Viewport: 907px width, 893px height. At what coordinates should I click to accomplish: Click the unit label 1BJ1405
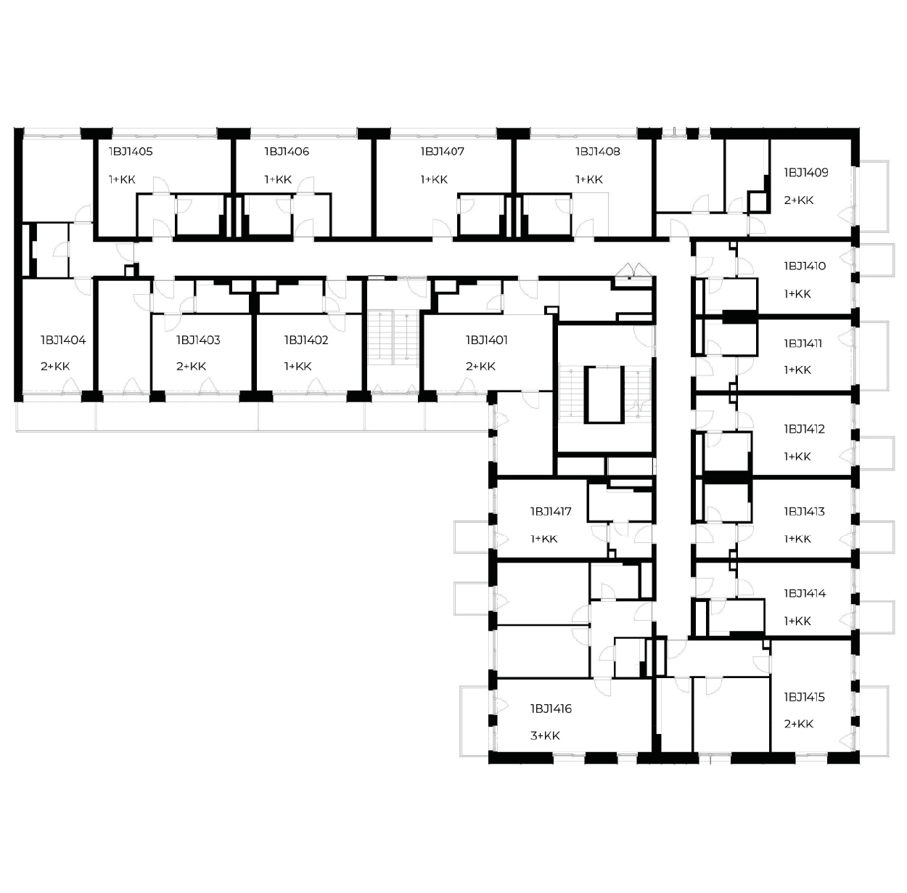pos(131,152)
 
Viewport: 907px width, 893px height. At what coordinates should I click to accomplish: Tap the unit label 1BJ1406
pos(287,152)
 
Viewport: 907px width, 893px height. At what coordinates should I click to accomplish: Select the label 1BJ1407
pos(443,152)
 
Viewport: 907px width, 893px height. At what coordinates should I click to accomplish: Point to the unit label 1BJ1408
pos(598,152)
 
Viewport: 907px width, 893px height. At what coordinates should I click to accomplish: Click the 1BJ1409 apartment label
pos(806,172)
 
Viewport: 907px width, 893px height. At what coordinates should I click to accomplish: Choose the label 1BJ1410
pos(805,266)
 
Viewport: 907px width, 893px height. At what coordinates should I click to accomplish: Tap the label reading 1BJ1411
pos(803,344)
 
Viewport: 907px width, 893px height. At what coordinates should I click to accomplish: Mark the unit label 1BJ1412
pos(805,429)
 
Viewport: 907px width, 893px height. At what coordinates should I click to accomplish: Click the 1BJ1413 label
pos(805,512)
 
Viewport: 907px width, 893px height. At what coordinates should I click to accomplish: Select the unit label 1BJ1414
pos(805,593)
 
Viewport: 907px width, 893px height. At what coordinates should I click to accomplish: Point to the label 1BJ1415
pos(805,697)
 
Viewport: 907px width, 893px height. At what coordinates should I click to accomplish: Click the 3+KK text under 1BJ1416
pos(545,735)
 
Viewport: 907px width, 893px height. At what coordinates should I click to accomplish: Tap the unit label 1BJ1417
pos(551,512)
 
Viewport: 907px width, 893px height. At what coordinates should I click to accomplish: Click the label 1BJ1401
pos(487,340)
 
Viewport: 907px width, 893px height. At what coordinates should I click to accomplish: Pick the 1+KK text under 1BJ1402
pos(298,367)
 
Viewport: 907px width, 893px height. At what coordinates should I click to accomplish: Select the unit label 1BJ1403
pos(198,340)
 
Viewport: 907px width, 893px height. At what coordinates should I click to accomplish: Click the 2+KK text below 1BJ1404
pos(55,367)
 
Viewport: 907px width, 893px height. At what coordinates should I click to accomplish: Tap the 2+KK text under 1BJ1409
pos(799,200)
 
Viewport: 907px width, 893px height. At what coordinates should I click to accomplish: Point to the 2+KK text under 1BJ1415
pos(799,724)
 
